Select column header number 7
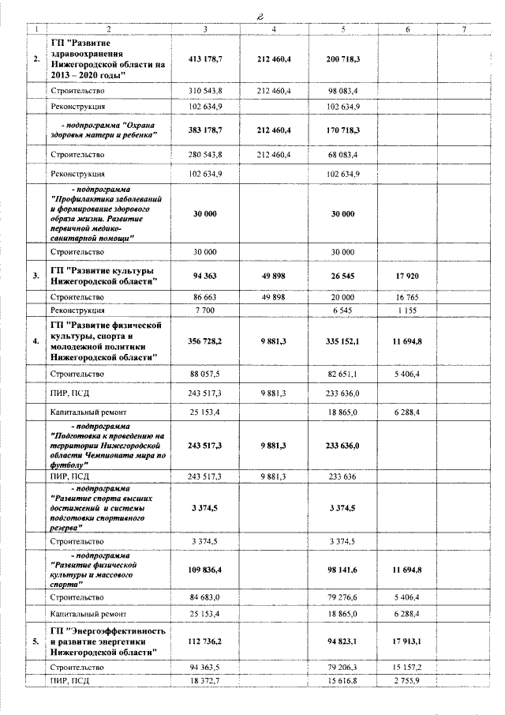(464, 29)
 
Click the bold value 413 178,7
(206, 58)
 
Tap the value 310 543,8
(206, 92)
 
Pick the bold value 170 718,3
(343, 130)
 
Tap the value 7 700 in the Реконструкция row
(206, 310)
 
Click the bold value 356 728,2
(206, 341)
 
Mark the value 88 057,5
(206, 373)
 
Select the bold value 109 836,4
(206, 569)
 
